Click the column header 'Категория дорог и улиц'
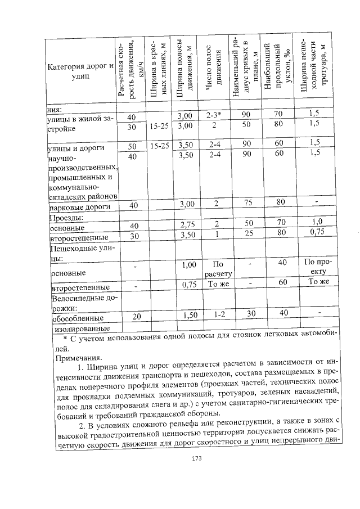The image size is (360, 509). point(81,71)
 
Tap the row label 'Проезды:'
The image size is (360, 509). point(67,218)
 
